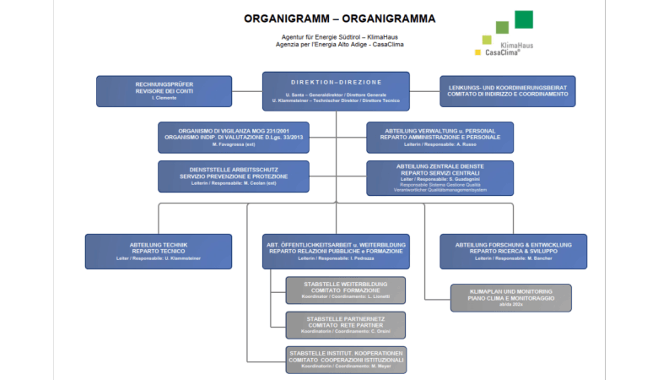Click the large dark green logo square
tap(524, 19)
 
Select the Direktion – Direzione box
tap(336, 91)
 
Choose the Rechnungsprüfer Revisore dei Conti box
tap(164, 91)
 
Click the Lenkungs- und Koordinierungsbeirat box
tap(507, 91)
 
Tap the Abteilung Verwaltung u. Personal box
tap(440, 137)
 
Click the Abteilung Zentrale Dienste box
tap(440, 177)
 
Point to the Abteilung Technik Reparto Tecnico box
tap(158, 251)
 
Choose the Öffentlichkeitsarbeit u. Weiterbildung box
tap(336, 251)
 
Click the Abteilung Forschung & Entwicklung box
tap(513, 251)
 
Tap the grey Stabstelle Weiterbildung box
tap(344, 290)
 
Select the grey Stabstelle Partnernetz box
tap(344, 325)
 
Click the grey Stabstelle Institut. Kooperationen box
tap(346, 360)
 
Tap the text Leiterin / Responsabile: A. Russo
tap(440, 144)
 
